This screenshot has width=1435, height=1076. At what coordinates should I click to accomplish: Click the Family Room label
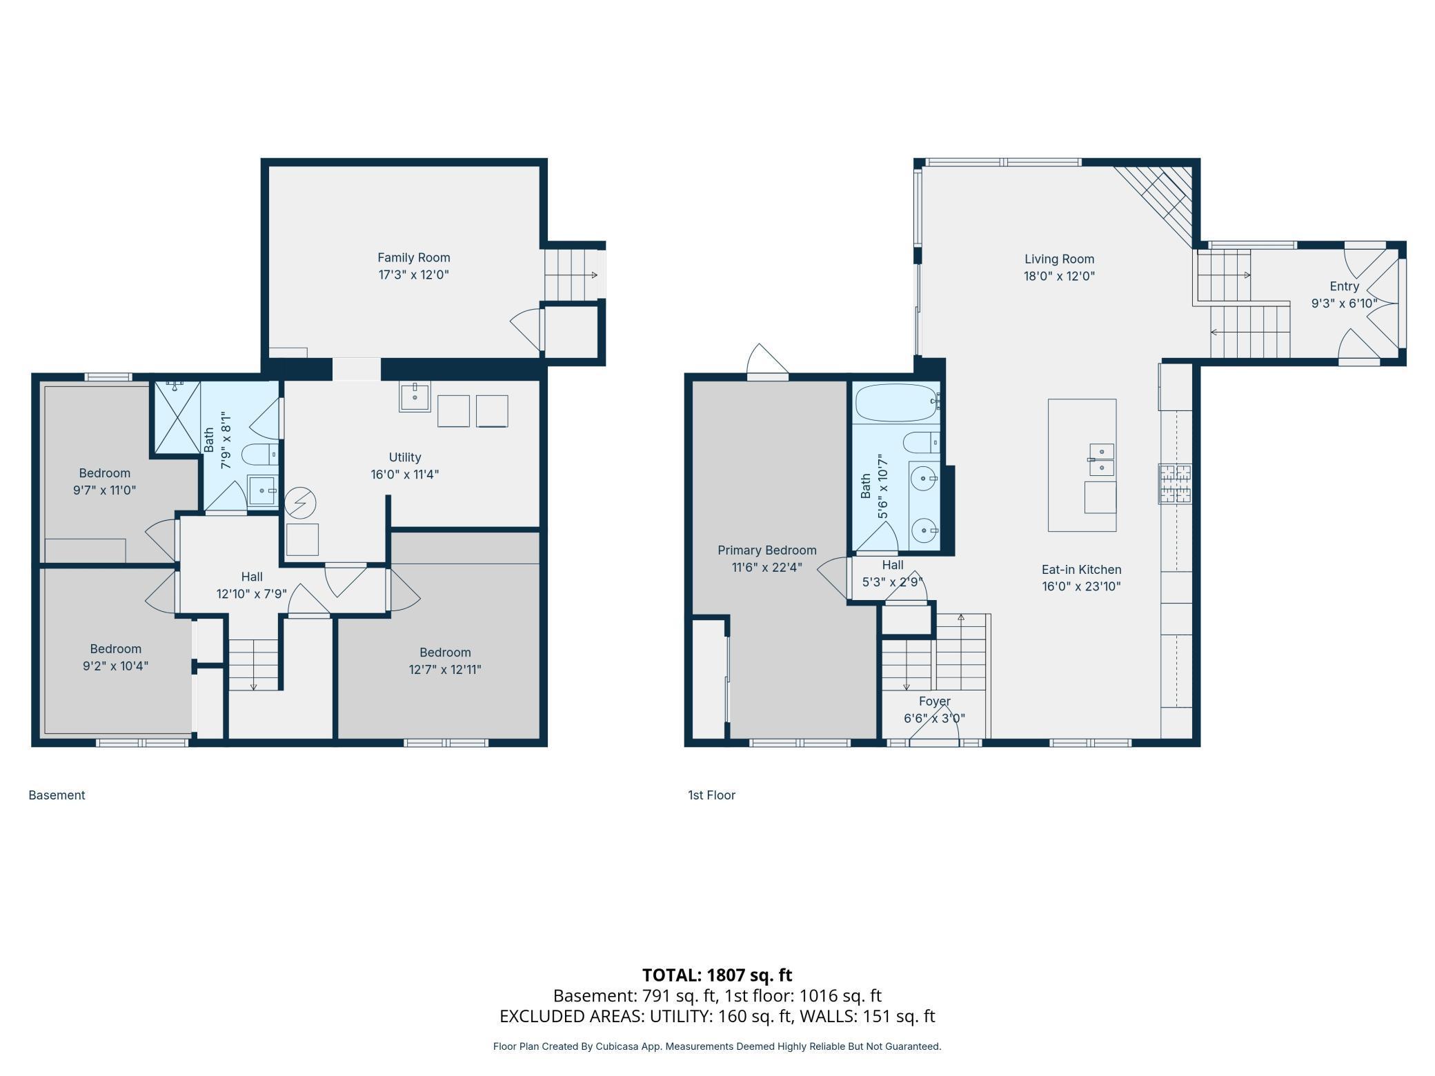coord(413,257)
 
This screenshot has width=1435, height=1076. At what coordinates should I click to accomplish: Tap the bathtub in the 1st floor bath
coord(895,403)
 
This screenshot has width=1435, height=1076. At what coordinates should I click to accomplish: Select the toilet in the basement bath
coord(259,455)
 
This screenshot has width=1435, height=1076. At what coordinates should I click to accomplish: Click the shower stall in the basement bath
coord(177,417)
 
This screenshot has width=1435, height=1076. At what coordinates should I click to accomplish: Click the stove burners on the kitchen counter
coord(1175,484)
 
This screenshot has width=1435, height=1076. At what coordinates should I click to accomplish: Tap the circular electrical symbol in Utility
coord(300,503)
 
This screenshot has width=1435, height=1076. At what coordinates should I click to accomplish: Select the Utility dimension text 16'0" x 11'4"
coord(404,475)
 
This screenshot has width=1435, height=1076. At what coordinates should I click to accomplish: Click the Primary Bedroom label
coord(766,550)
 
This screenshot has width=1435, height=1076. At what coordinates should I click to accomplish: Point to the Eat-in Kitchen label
coord(1081,570)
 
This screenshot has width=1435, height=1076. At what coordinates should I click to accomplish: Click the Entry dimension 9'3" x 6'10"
coord(1344,303)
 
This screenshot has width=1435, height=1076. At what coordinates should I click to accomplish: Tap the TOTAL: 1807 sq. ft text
coord(717,975)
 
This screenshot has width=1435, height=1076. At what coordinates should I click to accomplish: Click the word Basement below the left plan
coord(57,795)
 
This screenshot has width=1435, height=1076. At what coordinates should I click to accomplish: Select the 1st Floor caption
coord(711,795)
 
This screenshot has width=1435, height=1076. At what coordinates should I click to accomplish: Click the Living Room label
coord(1059,259)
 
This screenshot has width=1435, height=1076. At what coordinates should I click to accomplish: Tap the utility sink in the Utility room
coord(415,397)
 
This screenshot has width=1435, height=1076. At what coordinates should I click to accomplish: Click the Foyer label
coord(934,701)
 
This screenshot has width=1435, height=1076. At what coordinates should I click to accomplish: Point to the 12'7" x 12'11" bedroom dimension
coord(445,670)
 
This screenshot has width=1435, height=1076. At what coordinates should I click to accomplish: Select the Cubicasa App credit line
coord(717,1046)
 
